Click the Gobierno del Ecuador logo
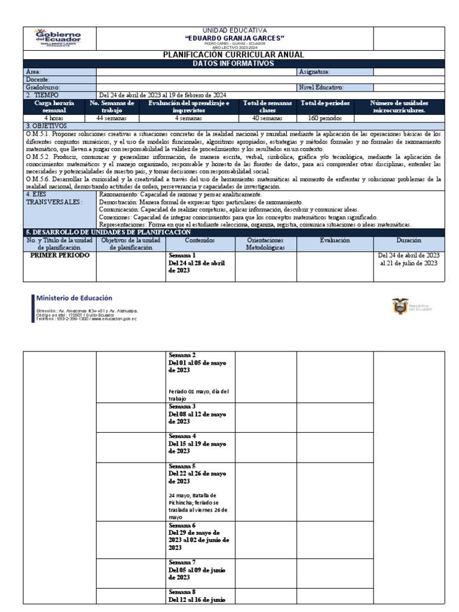(x=60, y=38)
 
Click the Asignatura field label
(x=314, y=72)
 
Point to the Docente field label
(x=38, y=79)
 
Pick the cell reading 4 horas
(x=60, y=118)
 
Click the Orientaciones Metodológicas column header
(x=266, y=243)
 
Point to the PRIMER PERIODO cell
(x=60, y=255)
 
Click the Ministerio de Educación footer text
(x=74, y=298)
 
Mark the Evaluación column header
(x=335, y=240)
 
